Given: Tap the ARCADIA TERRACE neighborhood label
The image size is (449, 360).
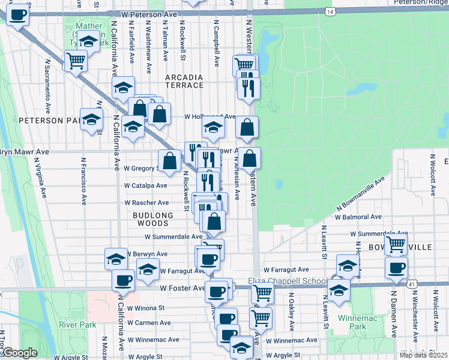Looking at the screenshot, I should (184, 81).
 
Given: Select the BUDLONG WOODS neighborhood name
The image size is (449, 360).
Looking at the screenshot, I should (154, 219).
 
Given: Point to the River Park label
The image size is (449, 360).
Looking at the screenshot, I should (74, 325).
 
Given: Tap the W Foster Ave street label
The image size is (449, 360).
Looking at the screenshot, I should (182, 288).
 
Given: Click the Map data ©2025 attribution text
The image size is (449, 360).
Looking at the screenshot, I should (424, 355).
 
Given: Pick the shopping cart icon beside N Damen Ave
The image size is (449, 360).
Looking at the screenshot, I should (396, 243).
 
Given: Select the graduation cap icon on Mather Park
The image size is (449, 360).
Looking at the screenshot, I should (88, 42).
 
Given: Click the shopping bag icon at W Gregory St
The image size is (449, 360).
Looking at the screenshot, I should (170, 160).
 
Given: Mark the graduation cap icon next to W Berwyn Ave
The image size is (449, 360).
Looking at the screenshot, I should (116, 259).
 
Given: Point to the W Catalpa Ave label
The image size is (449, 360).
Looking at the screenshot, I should (146, 186).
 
